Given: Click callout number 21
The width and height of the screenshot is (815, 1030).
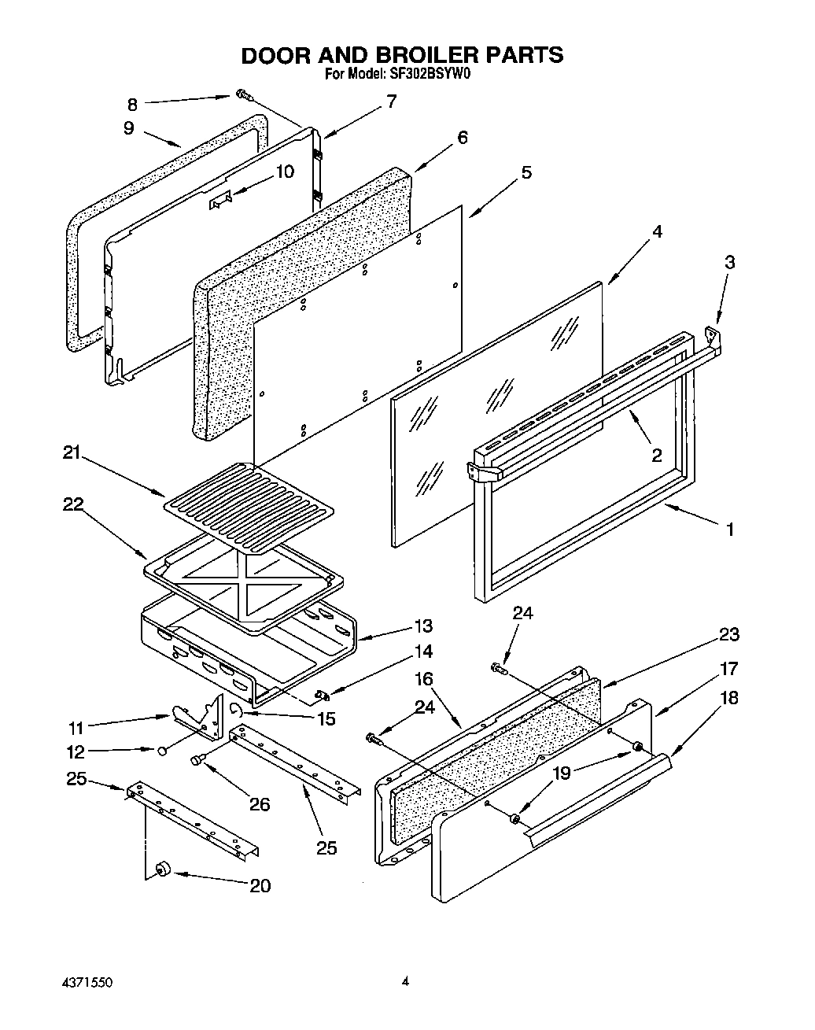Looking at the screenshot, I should (73, 453).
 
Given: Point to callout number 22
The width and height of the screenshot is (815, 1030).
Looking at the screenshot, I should (73, 504).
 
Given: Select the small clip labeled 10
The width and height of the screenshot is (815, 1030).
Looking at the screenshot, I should (219, 202).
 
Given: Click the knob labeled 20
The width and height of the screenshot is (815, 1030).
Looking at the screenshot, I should (164, 869).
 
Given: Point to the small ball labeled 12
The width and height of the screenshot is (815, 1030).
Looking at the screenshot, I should (161, 751).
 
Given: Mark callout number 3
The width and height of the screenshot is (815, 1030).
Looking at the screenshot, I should (729, 262).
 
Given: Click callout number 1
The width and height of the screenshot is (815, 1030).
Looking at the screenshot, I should (729, 530).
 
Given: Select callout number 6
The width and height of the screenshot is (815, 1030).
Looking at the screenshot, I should (462, 138).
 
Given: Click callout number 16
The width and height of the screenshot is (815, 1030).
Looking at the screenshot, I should (423, 679).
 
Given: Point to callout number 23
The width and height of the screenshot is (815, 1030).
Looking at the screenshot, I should (728, 634).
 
